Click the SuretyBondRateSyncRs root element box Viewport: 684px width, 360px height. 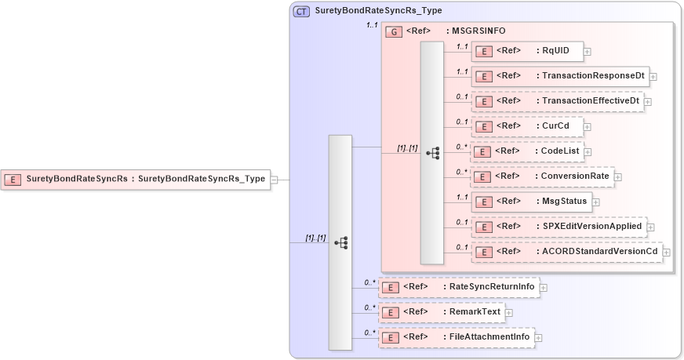[135, 179]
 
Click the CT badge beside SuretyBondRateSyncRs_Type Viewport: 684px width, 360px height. [301, 11]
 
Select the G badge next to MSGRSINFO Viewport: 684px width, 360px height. [395, 31]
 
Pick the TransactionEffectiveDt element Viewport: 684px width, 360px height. [557, 101]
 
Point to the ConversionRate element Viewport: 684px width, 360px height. [541, 176]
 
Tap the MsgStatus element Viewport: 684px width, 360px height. [530, 201]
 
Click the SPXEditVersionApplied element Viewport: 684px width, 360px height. [558, 227]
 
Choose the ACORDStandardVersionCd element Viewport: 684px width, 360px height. [566, 251]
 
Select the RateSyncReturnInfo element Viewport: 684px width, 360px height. [459, 287]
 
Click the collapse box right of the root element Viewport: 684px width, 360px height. [274, 180]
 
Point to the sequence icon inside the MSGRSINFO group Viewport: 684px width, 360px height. [431, 153]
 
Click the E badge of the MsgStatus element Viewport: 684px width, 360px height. [485, 202]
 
